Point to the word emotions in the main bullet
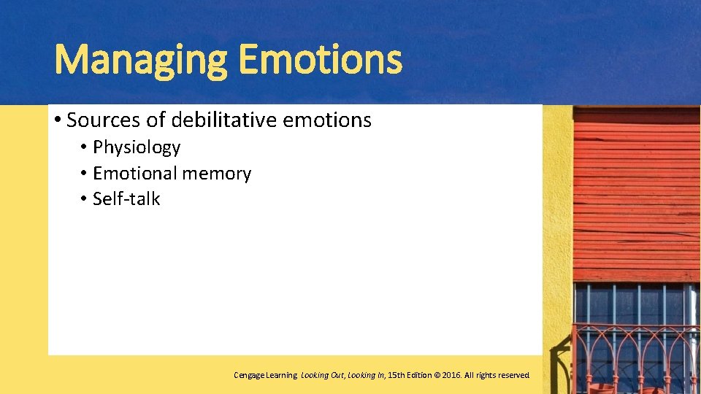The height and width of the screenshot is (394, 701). (328, 120)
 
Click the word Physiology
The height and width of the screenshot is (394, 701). (137, 147)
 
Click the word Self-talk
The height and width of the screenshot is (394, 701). (126, 199)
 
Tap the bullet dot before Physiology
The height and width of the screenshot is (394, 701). (85, 147)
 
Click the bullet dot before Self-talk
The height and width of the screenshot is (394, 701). (85, 199)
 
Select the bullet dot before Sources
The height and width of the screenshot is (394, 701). (57, 120)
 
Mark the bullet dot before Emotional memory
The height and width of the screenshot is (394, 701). (85, 174)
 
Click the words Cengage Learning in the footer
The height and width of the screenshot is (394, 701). (265, 375)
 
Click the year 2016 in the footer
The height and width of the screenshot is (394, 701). (451, 375)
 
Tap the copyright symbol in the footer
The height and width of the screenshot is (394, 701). (437, 375)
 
